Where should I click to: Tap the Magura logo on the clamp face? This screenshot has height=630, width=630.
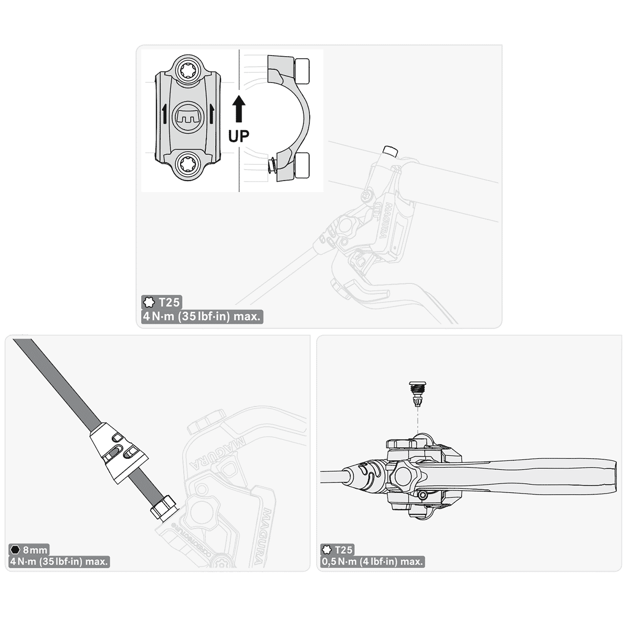pyautogui.click(x=187, y=118)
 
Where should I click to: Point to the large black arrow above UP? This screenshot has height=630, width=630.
pyautogui.click(x=239, y=109)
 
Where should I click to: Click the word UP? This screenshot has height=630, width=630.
pyautogui.click(x=239, y=136)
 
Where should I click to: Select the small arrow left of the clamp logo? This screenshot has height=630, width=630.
pyautogui.click(x=164, y=113)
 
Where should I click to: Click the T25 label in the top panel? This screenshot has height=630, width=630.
pyautogui.click(x=170, y=302)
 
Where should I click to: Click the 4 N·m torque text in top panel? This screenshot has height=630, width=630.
pyautogui.click(x=202, y=317)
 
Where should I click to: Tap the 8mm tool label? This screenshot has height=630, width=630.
pyautogui.click(x=35, y=550)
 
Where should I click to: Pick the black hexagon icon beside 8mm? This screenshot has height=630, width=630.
pyautogui.click(x=15, y=550)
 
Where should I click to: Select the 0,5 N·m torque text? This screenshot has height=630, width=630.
pyautogui.click(x=372, y=562)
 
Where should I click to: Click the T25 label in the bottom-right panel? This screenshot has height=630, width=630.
pyautogui.click(x=343, y=550)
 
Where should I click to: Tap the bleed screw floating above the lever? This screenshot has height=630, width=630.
pyautogui.click(x=417, y=394)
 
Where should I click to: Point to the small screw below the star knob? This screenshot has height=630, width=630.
pyautogui.click(x=423, y=495)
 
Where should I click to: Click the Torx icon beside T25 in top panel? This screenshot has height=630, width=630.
pyautogui.click(x=149, y=302)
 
